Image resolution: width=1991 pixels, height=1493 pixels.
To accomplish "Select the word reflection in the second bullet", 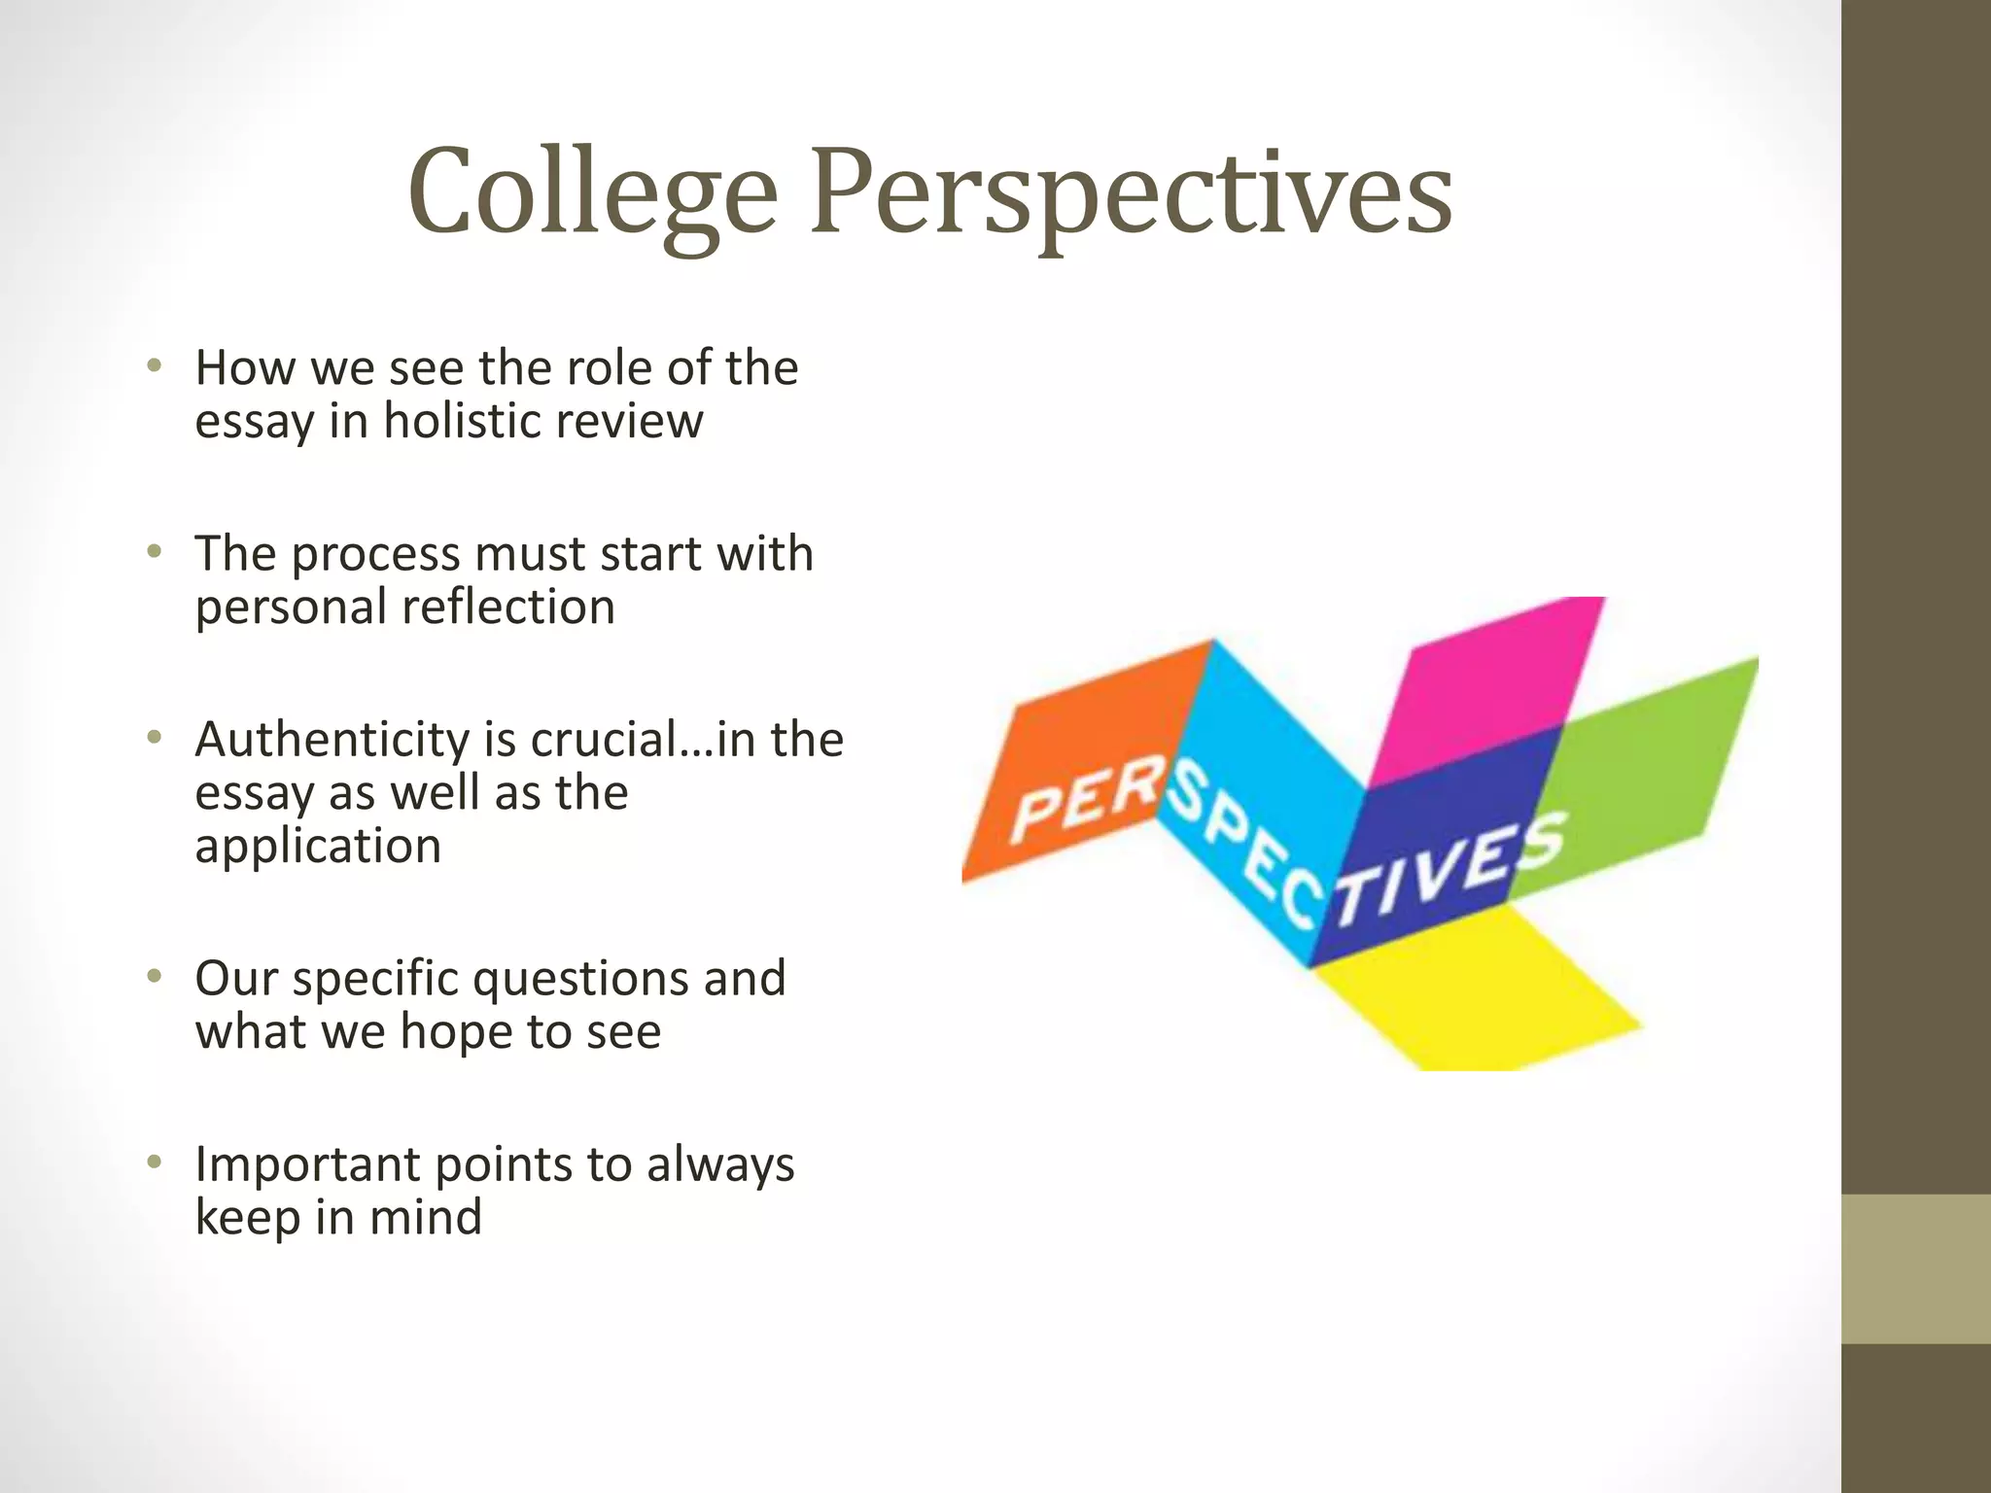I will pyautogui.click(x=508, y=607).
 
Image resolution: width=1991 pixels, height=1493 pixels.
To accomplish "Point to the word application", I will pyautogui.click(x=318, y=846).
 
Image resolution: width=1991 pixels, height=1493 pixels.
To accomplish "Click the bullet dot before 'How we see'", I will pyautogui.click(x=153, y=366).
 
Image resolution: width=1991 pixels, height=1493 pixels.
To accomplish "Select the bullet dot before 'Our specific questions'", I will pyautogui.click(x=153, y=976).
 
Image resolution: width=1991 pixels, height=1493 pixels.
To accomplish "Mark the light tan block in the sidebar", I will pyautogui.click(x=1915, y=1268).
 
